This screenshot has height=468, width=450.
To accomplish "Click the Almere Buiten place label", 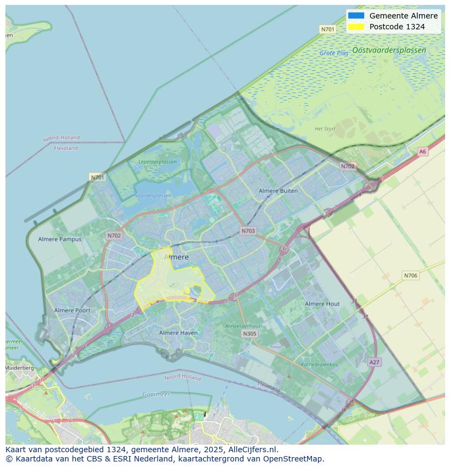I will [278, 191].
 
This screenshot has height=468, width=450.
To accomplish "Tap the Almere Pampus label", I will [60, 239].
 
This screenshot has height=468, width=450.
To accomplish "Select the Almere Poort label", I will [72, 310].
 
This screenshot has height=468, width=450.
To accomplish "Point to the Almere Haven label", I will [178, 333].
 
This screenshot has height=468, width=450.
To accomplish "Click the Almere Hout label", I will [322, 304].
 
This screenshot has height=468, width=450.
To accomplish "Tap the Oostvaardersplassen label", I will [389, 50].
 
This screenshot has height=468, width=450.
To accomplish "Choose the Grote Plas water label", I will [334, 53].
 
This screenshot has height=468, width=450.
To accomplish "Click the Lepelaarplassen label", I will [157, 162].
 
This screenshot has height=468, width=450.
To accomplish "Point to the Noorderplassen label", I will [152, 196].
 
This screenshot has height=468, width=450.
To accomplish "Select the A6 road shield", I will [422, 152].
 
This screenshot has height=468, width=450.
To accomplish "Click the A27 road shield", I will [374, 362].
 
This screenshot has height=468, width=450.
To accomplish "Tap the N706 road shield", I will [410, 276].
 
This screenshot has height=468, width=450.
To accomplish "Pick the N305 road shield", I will [249, 334].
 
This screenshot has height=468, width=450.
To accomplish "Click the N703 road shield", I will [248, 231].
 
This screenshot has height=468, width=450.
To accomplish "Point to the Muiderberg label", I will [20, 368].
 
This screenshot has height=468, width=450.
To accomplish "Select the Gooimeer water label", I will [156, 394].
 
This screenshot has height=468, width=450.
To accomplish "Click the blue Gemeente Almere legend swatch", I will [356, 16].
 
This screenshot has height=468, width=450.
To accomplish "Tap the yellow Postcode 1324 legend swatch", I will [356, 27].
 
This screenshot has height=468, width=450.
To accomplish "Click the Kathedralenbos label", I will [319, 365].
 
